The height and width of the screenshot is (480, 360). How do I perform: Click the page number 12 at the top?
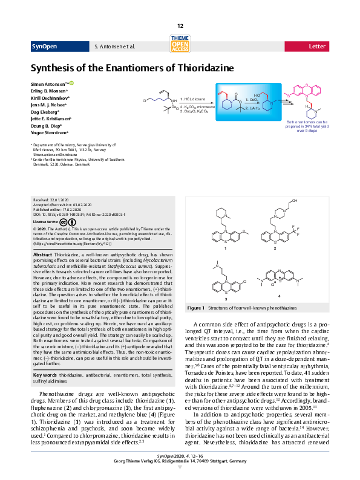pos(180,26)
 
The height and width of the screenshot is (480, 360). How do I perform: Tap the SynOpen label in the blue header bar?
pos(43,46)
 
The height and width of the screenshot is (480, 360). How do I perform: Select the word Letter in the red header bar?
pos(317,46)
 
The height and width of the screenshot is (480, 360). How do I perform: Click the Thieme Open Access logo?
pos(180,43)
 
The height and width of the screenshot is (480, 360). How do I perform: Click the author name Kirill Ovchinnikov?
pos(50,97)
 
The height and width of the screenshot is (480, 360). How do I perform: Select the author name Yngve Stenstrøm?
pos(49,132)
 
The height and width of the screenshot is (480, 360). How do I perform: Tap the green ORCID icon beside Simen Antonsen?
pos(71,82)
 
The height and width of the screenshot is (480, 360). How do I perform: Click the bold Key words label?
pos(46,358)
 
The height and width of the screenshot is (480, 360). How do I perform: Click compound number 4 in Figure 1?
pos(280,296)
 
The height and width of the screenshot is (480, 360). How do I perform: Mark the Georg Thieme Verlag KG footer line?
pos(180,461)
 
